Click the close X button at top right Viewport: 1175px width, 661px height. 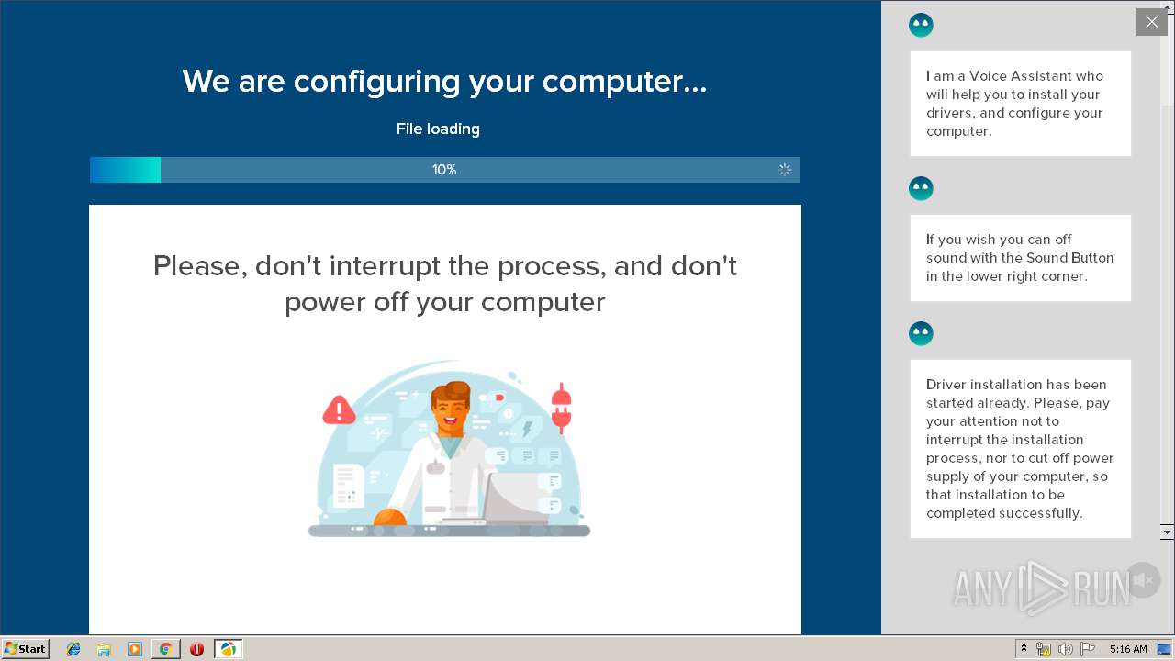click(x=1151, y=22)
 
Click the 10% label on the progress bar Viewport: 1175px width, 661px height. click(x=444, y=170)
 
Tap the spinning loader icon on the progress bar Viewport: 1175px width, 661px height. click(x=785, y=170)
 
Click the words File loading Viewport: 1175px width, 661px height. click(x=438, y=129)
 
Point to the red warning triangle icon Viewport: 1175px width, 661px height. click(x=339, y=410)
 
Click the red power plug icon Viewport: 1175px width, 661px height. click(x=561, y=409)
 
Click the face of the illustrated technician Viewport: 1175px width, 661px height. click(x=450, y=409)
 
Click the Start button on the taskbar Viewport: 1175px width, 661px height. click(x=26, y=648)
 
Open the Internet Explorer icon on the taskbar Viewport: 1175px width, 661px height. click(x=73, y=649)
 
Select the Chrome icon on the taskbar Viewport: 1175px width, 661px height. click(x=165, y=649)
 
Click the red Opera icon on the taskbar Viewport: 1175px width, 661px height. click(x=196, y=649)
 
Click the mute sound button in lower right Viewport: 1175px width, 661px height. click(x=1144, y=580)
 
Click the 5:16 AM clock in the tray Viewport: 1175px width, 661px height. click(x=1127, y=649)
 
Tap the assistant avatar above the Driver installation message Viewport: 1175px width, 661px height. click(x=921, y=333)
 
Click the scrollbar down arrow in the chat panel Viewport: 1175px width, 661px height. click(x=1167, y=532)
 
